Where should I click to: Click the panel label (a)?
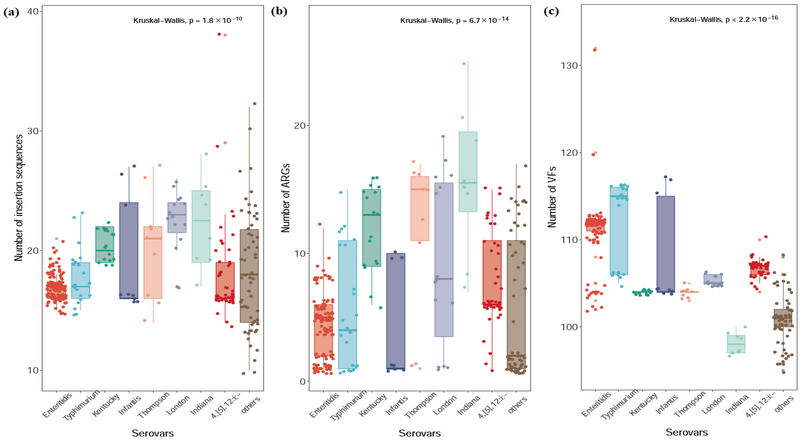(11, 13)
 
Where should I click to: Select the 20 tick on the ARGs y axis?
(300, 126)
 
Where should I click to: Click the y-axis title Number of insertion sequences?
(19, 198)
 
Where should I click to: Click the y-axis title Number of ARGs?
(285, 198)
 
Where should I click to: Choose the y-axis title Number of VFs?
(552, 197)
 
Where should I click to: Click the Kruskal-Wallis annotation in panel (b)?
(454, 20)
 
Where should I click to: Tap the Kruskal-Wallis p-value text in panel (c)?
(724, 19)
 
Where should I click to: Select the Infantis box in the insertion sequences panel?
(129, 251)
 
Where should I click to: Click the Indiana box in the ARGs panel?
(468, 172)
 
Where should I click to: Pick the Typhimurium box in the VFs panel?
(619, 231)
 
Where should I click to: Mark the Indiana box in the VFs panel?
(736, 344)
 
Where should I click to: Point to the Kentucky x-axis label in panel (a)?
(105, 405)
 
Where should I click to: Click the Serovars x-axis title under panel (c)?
(687, 432)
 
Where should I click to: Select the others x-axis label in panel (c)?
(784, 404)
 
